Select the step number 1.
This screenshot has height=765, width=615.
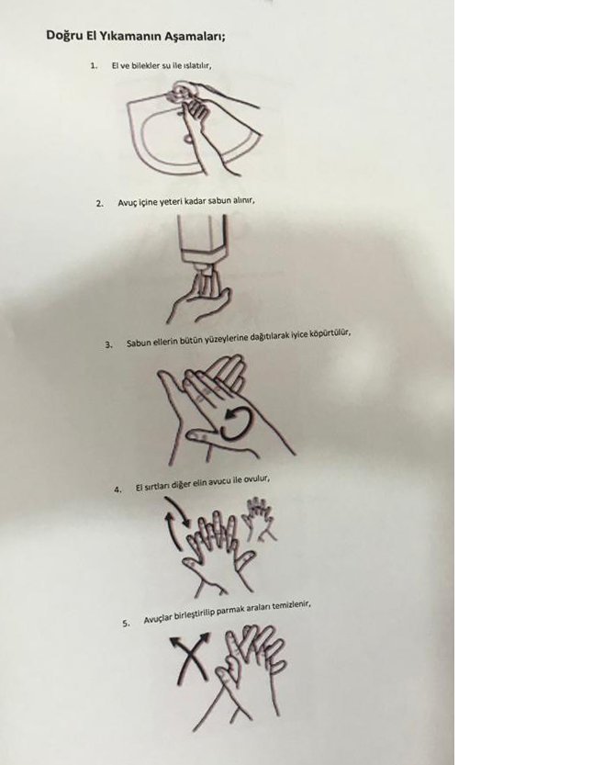pos(94,65)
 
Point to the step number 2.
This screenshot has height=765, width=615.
pos(99,204)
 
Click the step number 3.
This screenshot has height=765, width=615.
pos(108,344)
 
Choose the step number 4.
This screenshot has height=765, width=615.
pos(117,489)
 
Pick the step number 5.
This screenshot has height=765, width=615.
pos(127,623)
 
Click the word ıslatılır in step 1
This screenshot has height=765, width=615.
pos(196,65)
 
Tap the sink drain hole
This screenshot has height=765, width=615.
pos(189,138)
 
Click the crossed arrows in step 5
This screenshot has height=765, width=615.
pos(191,657)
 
